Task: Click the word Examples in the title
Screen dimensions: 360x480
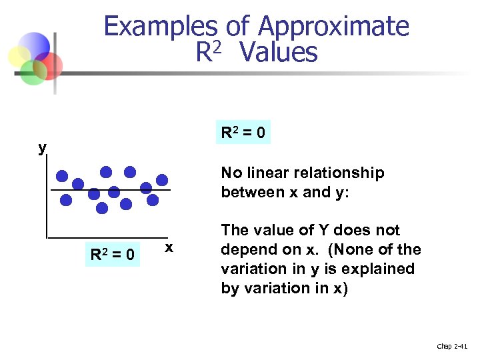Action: pos(160,27)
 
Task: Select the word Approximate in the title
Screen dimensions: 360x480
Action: pos(333,27)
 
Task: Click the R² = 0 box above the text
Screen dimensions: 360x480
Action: pos(243,133)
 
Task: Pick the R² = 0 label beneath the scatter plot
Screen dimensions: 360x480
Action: pos(113,255)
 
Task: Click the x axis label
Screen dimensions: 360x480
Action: pos(169,247)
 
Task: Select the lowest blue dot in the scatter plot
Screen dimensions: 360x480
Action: pos(101,208)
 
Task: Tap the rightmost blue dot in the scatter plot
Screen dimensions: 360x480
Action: pos(162,179)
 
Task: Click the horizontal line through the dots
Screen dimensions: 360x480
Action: pos(110,191)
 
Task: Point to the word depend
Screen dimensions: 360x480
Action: pos(244,250)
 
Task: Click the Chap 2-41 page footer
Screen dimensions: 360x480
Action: pos(452,346)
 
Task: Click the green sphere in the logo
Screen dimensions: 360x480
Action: pos(31,71)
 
